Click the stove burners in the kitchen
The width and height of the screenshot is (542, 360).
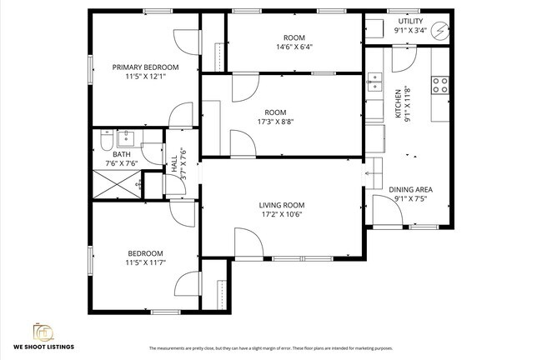439,84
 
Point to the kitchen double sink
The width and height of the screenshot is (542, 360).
374,82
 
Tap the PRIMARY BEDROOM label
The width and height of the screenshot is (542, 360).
146,67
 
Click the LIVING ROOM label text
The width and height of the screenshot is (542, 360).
281,205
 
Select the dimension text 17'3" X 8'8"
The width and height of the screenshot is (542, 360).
275,122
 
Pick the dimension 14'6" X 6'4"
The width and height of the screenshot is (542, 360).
294,47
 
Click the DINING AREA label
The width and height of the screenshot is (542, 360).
410,189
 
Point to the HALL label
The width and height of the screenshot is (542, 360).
174,158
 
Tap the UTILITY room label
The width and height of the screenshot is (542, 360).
410,21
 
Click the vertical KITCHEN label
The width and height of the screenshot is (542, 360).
399,104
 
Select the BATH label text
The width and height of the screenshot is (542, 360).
121,154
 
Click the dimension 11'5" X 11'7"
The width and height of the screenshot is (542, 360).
145,263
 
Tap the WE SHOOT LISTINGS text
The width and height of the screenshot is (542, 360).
43,346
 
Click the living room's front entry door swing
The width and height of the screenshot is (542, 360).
248,243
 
